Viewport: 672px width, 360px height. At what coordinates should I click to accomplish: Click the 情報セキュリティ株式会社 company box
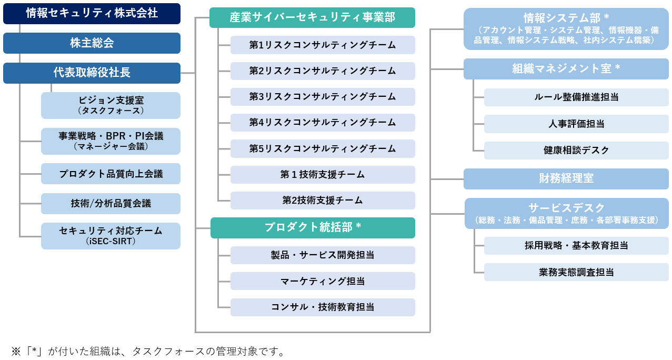[92, 14]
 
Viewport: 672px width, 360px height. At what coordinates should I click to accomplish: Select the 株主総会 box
[92, 43]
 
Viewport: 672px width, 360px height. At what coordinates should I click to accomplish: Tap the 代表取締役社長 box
[92, 73]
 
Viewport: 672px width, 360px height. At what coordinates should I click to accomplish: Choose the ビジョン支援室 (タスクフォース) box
[111, 105]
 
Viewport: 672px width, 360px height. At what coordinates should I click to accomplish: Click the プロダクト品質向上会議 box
[111, 174]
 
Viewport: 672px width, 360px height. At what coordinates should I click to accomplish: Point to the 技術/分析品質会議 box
[111, 203]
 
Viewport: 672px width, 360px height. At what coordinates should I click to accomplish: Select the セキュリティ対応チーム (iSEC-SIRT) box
[111, 236]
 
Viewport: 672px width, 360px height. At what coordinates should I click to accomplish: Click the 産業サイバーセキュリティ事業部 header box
[312, 18]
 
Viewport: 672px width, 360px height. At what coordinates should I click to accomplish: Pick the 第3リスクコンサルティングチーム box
[323, 97]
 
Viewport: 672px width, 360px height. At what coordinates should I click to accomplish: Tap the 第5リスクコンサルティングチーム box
[323, 148]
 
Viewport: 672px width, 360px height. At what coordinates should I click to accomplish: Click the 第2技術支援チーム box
[323, 201]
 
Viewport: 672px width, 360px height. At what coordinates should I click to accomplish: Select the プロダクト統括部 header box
[313, 228]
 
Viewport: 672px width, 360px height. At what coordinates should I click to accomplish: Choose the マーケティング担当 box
[323, 281]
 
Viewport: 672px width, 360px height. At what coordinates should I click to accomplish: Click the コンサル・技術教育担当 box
[323, 307]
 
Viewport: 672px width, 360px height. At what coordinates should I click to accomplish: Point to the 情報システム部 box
[566, 29]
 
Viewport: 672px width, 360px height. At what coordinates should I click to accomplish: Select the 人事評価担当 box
[576, 124]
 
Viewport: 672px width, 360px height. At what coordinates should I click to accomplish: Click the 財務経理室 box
[566, 179]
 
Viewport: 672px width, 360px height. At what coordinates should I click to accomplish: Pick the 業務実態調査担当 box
[576, 272]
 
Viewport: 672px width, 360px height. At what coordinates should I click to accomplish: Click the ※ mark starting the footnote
[16, 351]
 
